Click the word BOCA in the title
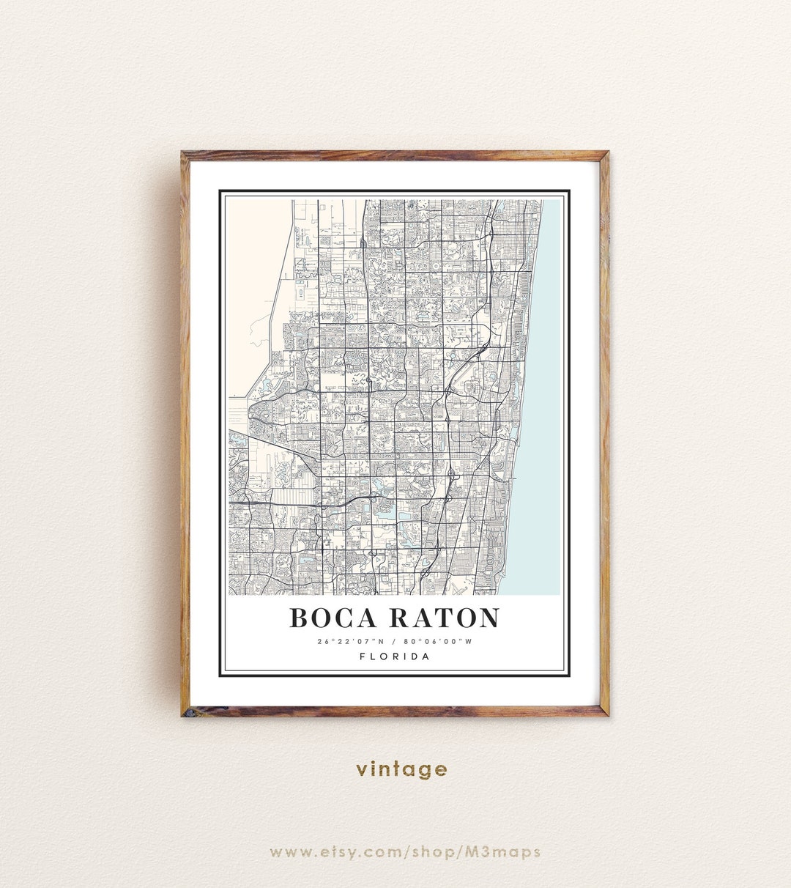334,618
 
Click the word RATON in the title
444,618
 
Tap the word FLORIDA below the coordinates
395,656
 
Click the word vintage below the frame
401,769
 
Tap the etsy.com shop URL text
404,851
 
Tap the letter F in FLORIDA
363,656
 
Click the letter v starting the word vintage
362,770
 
